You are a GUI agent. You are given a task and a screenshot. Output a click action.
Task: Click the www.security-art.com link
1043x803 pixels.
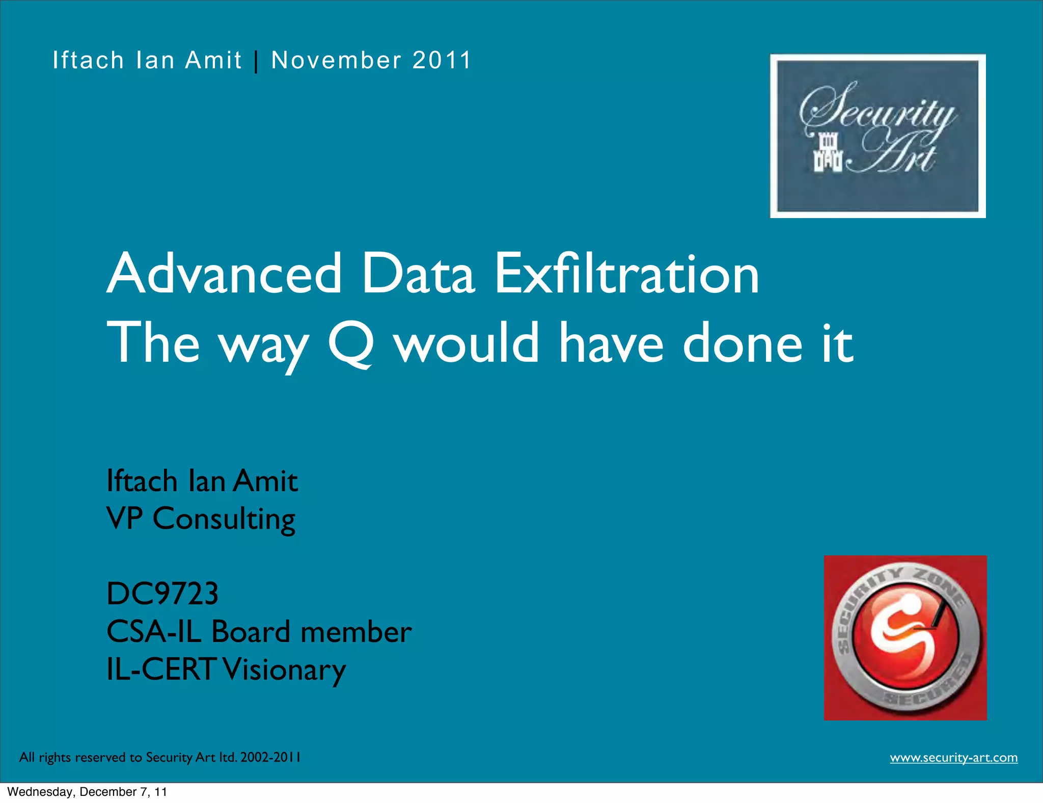click(x=953, y=758)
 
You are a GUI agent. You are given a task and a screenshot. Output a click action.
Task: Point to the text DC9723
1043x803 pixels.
click(x=162, y=594)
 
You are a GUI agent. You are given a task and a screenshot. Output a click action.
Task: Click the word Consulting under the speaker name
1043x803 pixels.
click(x=224, y=520)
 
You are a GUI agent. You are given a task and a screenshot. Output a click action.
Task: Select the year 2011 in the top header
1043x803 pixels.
click(x=442, y=60)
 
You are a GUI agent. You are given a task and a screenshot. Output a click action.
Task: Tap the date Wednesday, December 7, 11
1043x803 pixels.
click(x=87, y=792)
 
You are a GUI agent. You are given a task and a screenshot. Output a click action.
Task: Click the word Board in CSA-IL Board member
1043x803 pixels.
click(x=251, y=632)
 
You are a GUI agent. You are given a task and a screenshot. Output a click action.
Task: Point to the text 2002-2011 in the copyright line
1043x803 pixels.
click(x=270, y=757)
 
